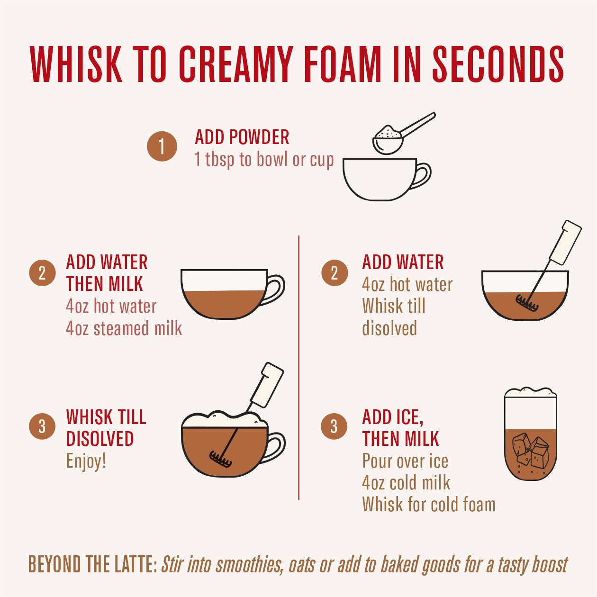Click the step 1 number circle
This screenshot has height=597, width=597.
(x=162, y=146)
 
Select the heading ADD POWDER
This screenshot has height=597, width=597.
(x=242, y=137)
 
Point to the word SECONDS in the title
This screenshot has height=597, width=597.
(x=498, y=64)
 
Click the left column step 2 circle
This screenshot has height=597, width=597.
(x=42, y=273)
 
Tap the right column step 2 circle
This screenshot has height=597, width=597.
(x=335, y=273)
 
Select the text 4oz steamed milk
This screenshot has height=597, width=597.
(x=124, y=328)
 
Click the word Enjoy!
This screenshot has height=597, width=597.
(x=86, y=461)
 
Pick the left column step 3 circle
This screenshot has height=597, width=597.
(x=42, y=426)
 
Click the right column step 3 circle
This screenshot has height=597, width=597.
(x=335, y=426)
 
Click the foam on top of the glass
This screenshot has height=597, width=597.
(x=530, y=393)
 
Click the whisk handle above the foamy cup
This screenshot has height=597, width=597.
(x=266, y=385)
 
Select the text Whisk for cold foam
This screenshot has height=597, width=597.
(x=429, y=505)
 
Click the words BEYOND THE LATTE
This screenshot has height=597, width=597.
(x=92, y=564)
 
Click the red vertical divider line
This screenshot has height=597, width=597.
(x=299, y=367)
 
